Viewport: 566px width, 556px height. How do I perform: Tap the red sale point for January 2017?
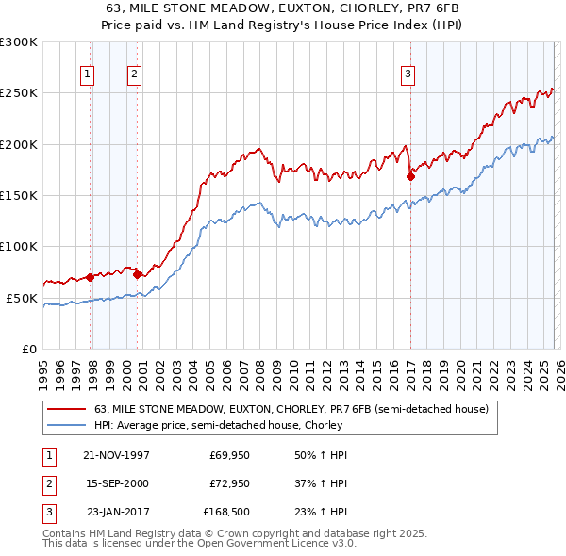(410, 176)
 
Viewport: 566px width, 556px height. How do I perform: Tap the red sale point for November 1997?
(91, 277)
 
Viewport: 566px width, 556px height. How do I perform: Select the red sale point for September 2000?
(138, 274)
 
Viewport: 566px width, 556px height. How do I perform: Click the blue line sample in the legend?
(68, 425)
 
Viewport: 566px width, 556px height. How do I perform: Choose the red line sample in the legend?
(68, 410)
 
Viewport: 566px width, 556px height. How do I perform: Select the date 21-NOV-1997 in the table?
(116, 454)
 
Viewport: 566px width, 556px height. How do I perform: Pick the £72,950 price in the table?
(228, 484)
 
